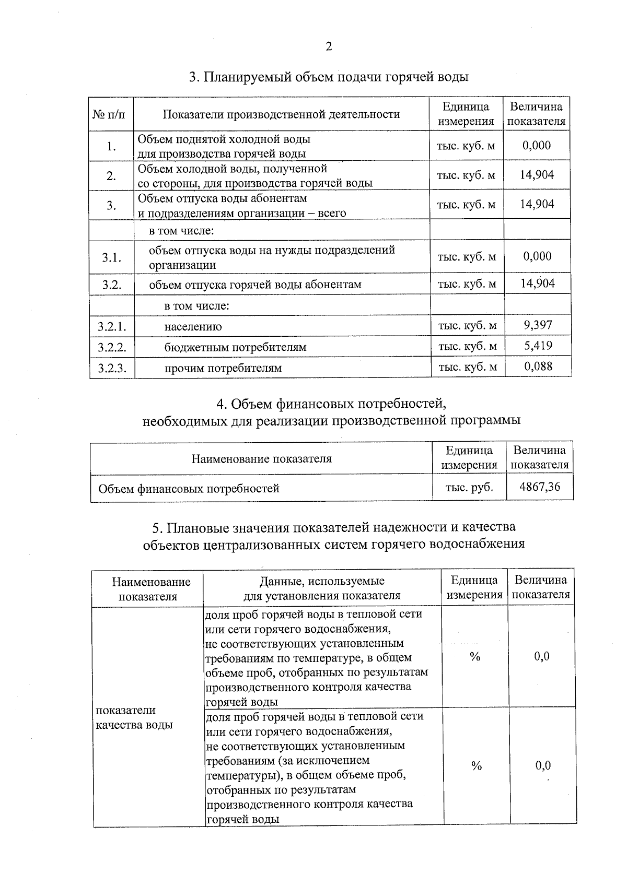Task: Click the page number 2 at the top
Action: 329,47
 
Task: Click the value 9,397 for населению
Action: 538,325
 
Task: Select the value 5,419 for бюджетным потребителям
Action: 538,346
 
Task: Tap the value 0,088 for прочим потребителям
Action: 538,367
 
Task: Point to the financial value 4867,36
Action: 540,487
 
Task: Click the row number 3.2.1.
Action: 112,327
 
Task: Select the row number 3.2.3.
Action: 112,368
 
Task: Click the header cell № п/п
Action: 111,114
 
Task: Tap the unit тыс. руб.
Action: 469,487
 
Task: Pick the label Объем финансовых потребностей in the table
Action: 189,489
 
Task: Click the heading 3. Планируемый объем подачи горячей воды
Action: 328,77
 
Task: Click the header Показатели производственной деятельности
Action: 281,114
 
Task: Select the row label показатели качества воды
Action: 134,717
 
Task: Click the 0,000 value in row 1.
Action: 537,146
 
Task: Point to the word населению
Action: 193,327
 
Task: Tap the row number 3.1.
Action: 111,257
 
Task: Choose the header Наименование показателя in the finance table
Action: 261,459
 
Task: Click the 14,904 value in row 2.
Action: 537,175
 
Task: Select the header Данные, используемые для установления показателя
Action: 322,588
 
